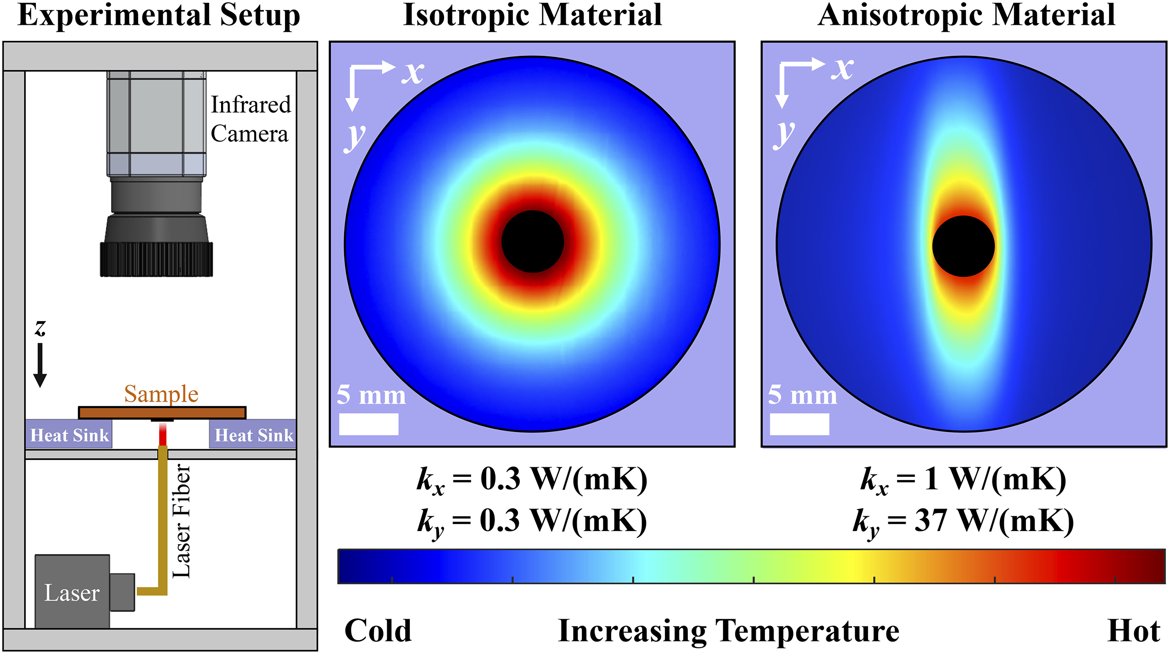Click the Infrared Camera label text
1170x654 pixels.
click(x=250, y=119)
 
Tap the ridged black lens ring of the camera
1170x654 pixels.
click(x=156, y=260)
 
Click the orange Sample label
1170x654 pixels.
click(x=161, y=394)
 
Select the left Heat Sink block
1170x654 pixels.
click(x=69, y=434)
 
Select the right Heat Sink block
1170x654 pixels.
click(x=253, y=434)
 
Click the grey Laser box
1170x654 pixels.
click(x=72, y=592)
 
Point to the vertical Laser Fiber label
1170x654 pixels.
click(x=181, y=521)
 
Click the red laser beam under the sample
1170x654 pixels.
click(x=162, y=434)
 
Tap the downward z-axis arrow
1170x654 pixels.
click(x=40, y=365)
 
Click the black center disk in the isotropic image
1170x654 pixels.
click(x=532, y=242)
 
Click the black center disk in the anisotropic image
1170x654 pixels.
click(x=963, y=246)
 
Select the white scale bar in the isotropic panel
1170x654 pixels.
click(x=368, y=424)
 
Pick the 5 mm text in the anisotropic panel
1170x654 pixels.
click(x=802, y=394)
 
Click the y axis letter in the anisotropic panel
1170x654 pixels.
click(x=784, y=134)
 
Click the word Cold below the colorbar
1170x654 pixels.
click(x=378, y=631)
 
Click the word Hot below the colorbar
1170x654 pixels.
click(x=1133, y=631)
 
